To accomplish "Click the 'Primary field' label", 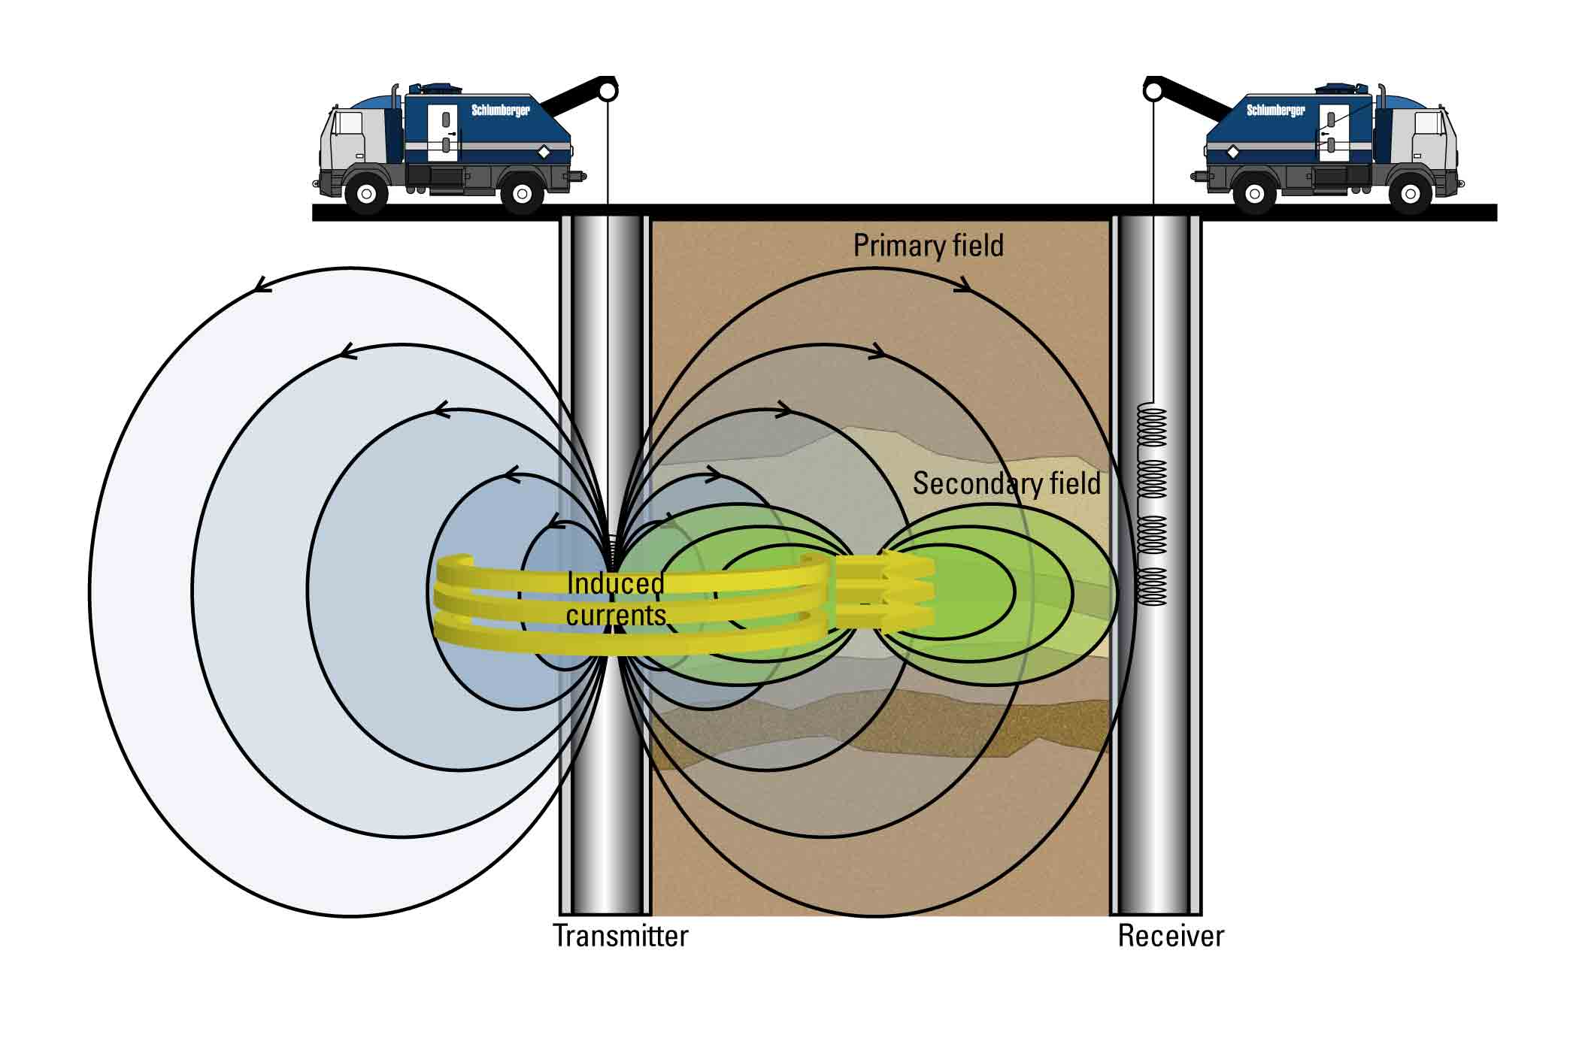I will (928, 246).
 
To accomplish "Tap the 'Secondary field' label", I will (1006, 483).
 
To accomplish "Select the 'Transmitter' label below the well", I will (620, 936).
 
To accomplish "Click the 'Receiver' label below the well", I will (1171, 936).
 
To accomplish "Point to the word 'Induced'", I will (615, 583).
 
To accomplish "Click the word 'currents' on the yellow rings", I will (616, 616).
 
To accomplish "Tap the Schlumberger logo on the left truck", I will (500, 110).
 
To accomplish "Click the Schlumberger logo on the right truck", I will (1276, 110).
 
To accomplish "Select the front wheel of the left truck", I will (366, 193).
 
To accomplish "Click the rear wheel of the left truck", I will (522, 193).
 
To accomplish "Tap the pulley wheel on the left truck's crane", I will (608, 91).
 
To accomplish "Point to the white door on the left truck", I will (443, 133).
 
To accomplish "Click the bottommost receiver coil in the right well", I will (1151, 586).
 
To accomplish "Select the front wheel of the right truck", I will (1410, 193).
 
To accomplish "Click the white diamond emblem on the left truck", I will (543, 153).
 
